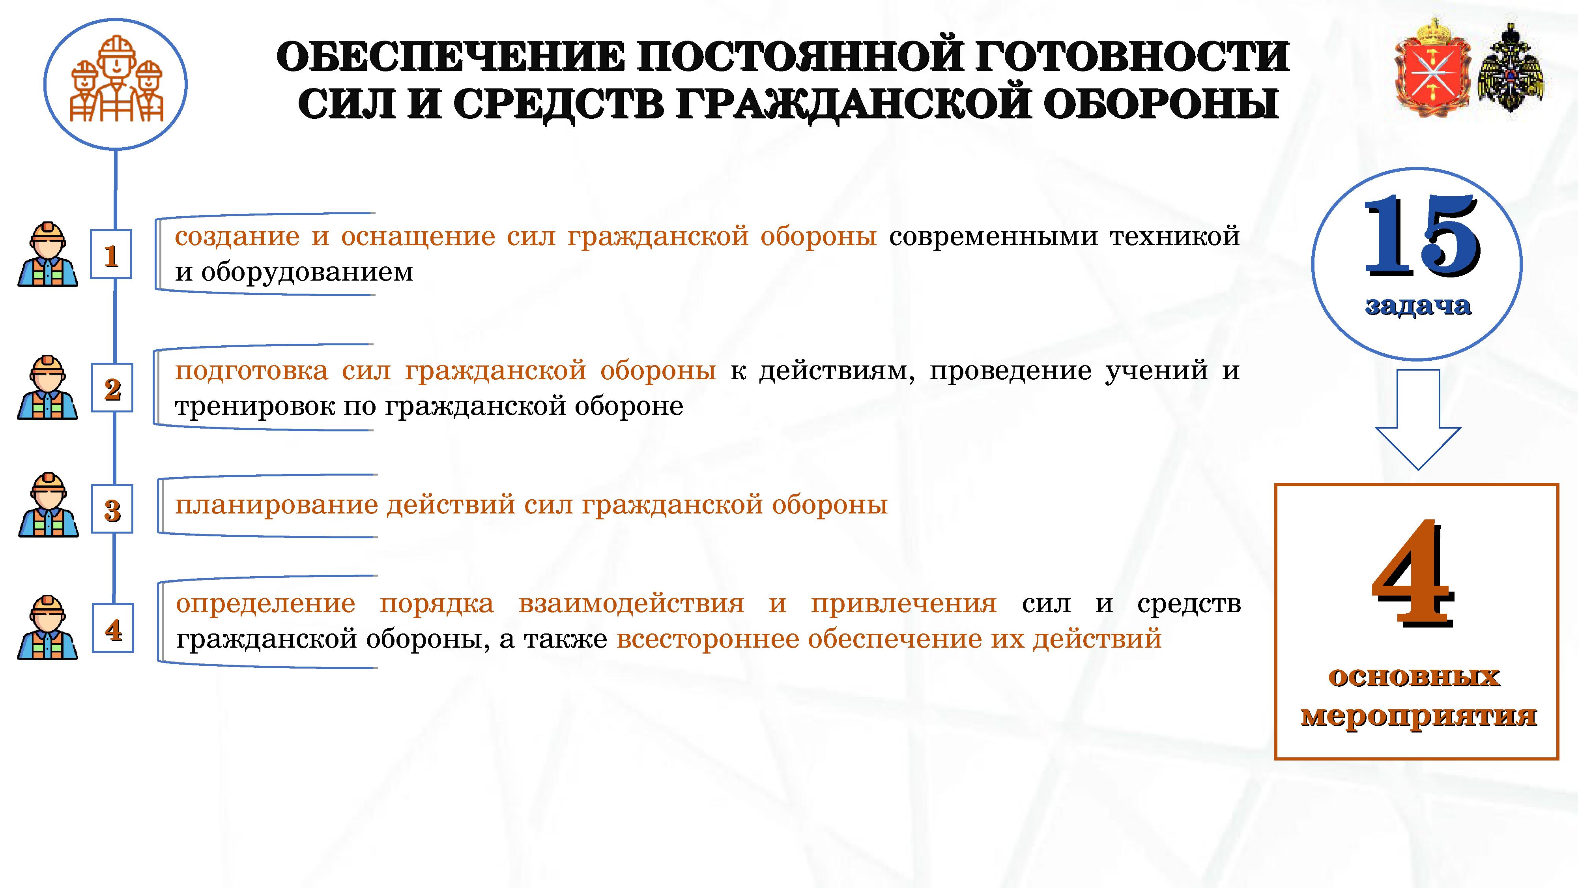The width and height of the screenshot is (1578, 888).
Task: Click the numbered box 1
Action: pos(111,254)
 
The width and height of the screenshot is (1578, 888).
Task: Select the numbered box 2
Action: pos(112,387)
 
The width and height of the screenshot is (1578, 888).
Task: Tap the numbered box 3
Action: pos(112,509)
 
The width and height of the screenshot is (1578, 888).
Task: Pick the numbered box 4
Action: pos(113,628)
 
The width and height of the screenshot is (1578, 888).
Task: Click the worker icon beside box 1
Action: pos(48,254)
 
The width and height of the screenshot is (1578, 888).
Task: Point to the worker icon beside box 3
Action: pos(48,505)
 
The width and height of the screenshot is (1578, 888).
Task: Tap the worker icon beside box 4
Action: pos(48,627)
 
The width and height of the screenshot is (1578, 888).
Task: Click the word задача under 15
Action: pos(1417,305)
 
